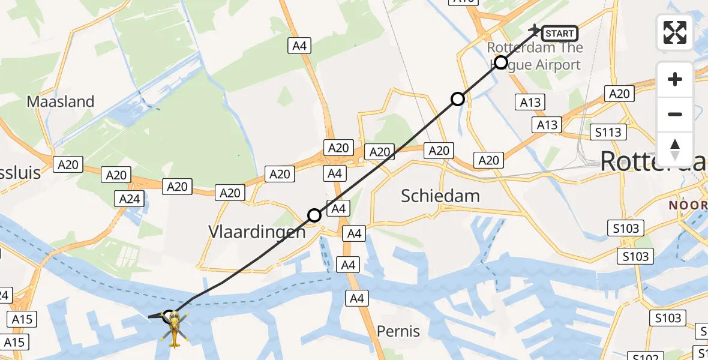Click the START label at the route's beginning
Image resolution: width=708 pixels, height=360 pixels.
560,34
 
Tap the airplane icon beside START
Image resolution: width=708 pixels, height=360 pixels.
533,28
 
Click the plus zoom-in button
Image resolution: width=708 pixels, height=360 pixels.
675,79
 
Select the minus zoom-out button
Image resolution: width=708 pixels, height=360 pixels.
675,114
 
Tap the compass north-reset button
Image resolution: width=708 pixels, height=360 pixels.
675,149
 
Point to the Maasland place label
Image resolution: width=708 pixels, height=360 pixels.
61,101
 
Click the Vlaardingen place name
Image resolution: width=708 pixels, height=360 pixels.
257,232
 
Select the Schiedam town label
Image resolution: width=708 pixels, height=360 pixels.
440,196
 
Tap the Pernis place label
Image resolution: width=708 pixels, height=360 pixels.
398,331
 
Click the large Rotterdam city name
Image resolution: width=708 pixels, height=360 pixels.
653,161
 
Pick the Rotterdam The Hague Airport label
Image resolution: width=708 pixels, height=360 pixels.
534,56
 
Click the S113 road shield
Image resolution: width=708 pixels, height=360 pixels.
608,132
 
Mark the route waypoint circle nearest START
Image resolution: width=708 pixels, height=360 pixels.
500,62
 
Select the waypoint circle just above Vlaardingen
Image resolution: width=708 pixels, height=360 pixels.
314,215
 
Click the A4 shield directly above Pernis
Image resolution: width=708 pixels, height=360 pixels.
357,298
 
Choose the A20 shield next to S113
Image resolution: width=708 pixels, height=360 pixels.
619,94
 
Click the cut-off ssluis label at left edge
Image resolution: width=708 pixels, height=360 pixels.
20,173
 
